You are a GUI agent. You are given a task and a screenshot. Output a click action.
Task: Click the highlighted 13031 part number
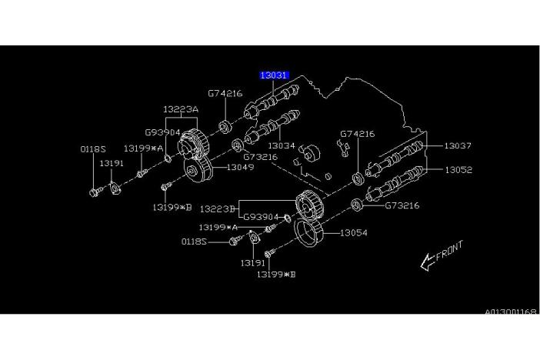coord(273,75)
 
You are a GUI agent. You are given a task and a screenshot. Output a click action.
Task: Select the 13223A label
coord(180,110)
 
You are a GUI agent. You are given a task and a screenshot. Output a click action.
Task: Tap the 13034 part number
coord(281,145)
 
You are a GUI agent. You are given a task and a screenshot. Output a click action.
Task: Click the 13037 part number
coord(457,145)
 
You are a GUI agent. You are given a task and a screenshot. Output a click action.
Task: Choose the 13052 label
coord(457,170)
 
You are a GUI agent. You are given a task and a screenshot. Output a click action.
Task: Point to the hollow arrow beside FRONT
coord(428,262)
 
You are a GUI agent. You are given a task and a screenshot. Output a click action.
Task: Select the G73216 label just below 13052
coord(402,205)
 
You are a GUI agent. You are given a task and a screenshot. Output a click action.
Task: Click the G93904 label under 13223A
coord(162,132)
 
